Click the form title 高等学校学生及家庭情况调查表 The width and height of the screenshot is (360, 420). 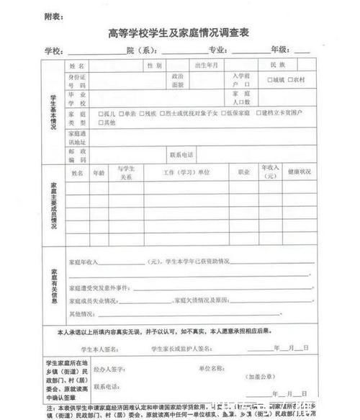click(x=180, y=32)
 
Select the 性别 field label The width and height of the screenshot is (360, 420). click(x=154, y=65)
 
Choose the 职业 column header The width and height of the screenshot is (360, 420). click(x=242, y=173)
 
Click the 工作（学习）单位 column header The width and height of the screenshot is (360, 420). click(x=186, y=173)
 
